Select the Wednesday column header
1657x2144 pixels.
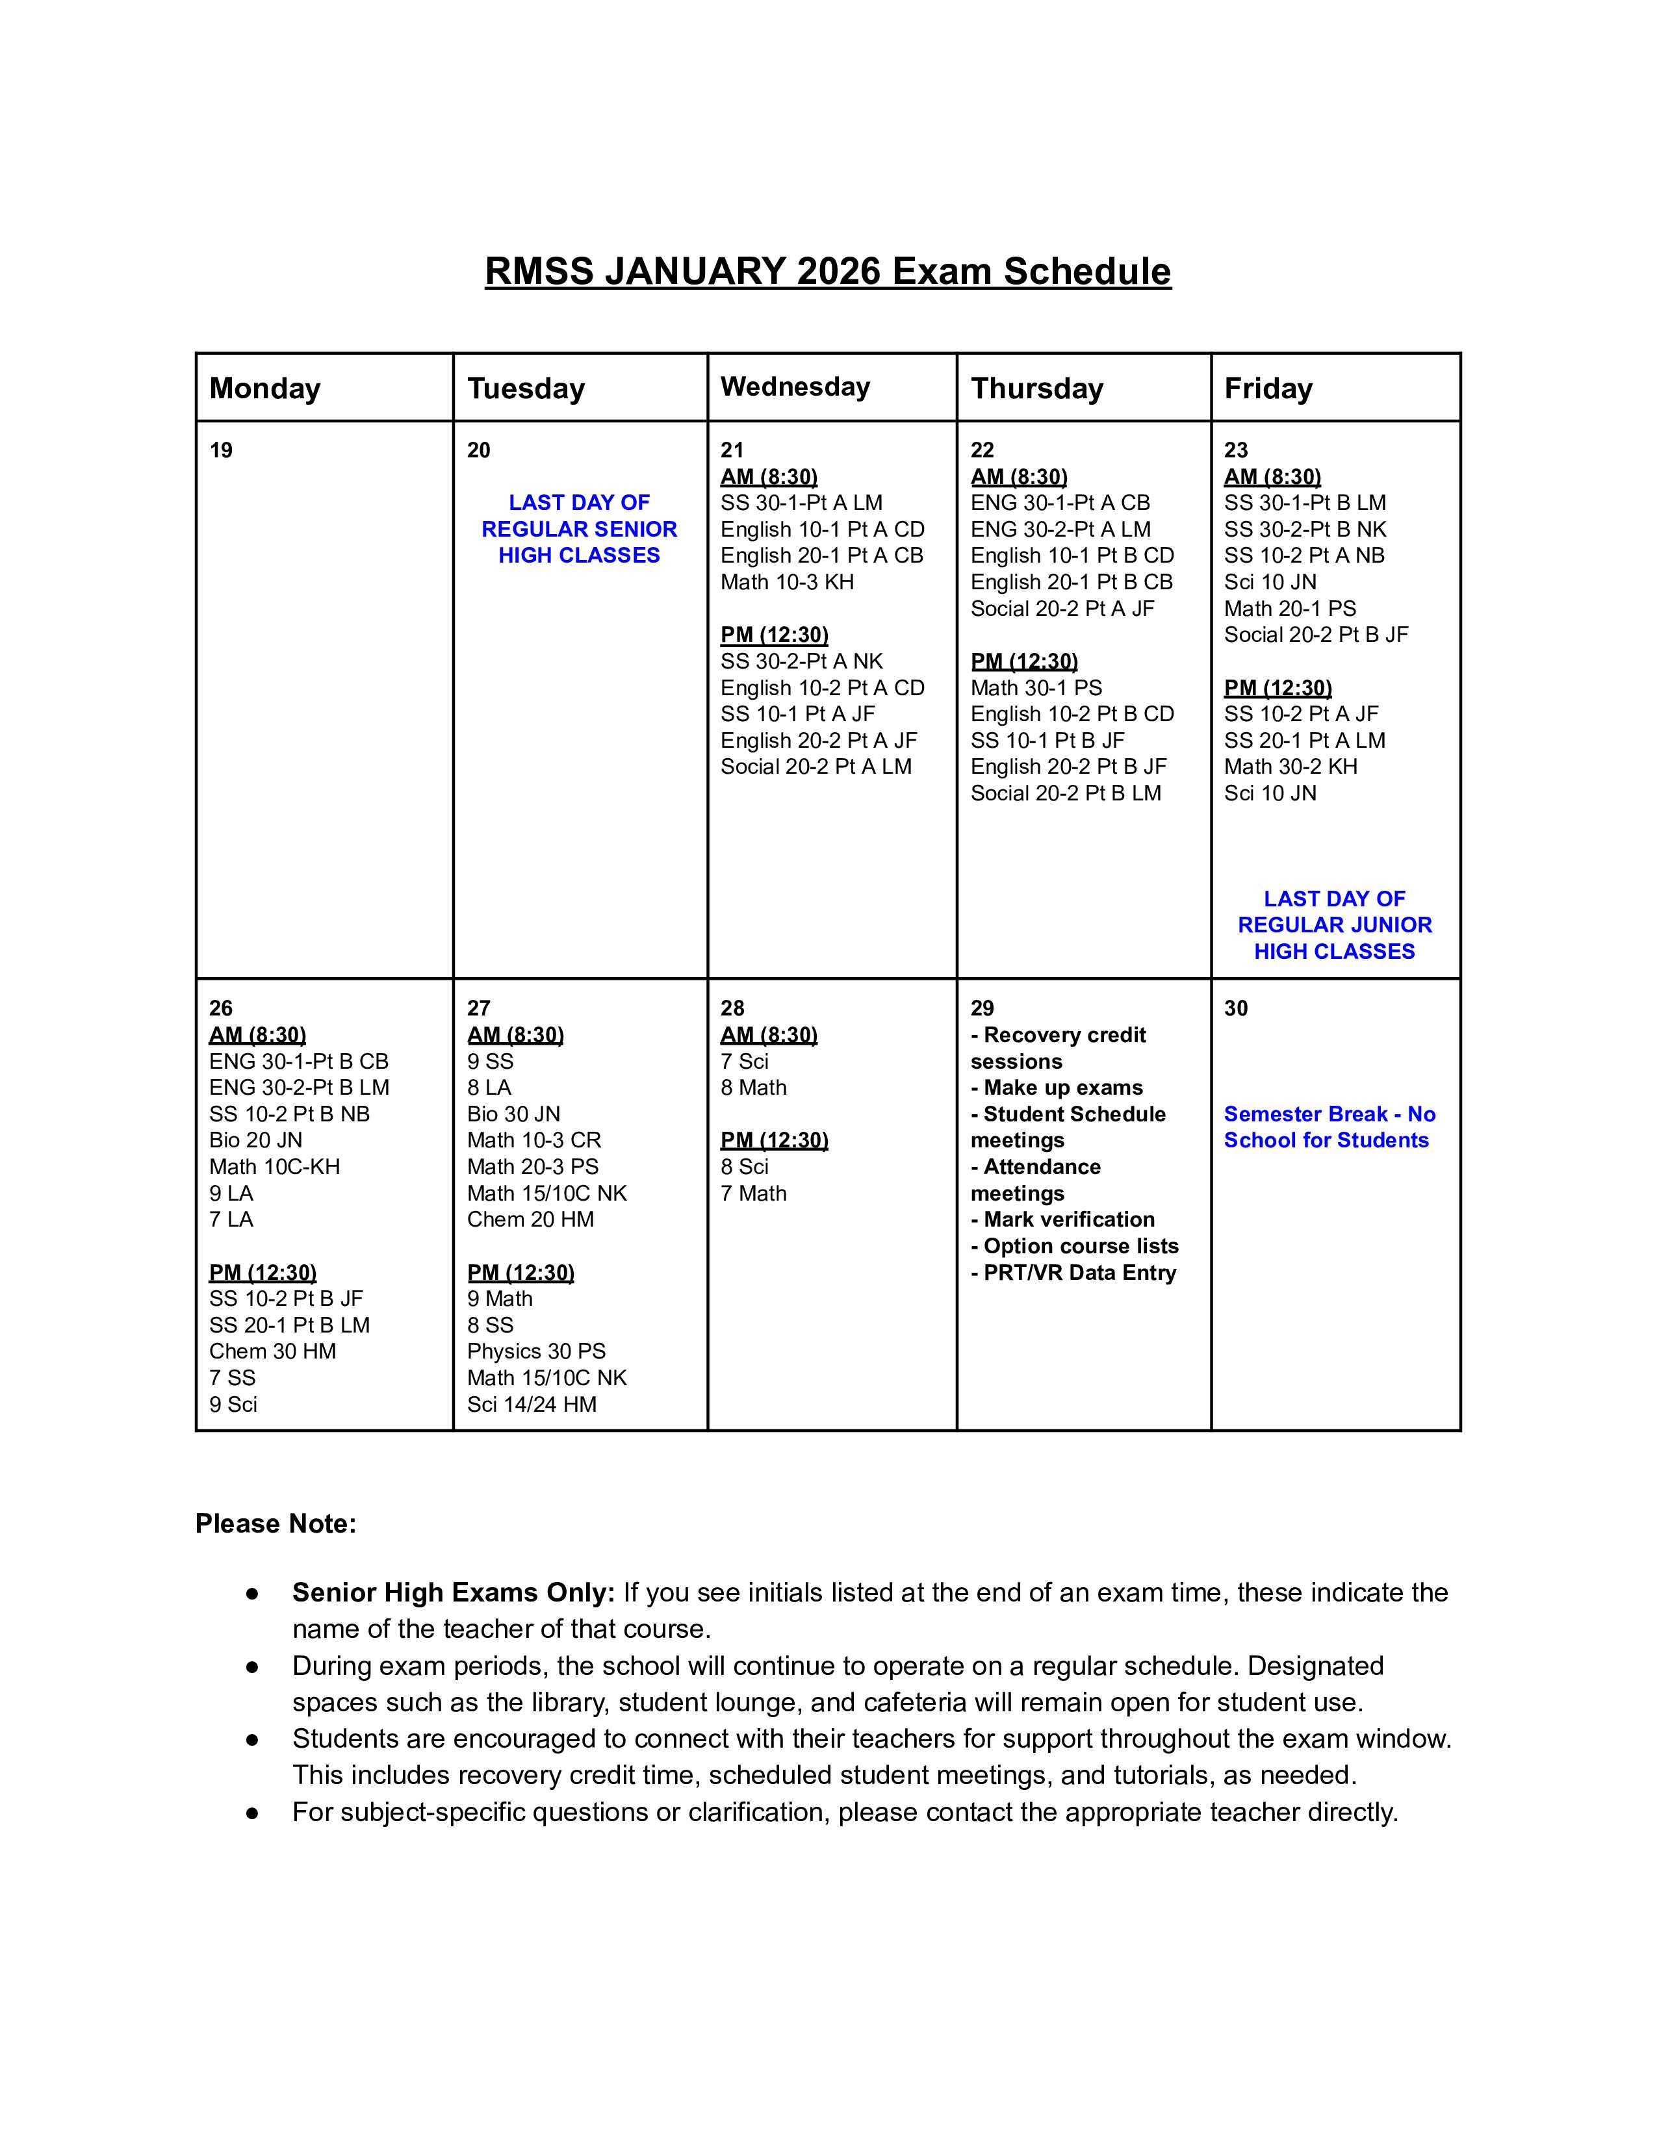[x=795, y=387]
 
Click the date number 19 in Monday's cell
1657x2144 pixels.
[x=221, y=451]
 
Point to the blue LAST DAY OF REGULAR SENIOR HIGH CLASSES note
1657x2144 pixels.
[x=579, y=529]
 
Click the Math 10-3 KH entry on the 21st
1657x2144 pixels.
[x=788, y=582]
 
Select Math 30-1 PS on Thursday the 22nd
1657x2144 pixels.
[x=1036, y=688]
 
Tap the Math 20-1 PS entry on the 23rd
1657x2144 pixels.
[x=1290, y=609]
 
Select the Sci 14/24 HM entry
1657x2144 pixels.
[x=531, y=1405]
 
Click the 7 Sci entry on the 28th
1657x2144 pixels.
[x=744, y=1061]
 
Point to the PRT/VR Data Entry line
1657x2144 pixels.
[x=1073, y=1273]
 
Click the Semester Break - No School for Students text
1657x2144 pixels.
[x=1329, y=1127]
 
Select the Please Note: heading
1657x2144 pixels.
[x=276, y=1524]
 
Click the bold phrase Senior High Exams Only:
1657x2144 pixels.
[x=452, y=1592]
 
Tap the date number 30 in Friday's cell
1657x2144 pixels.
[x=1236, y=1008]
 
